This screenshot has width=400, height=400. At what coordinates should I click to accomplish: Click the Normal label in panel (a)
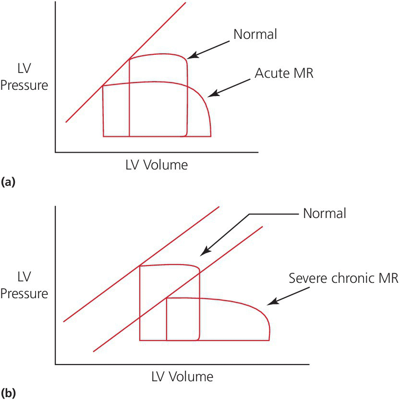coord(255,35)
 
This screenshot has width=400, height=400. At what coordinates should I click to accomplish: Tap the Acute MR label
coord(284,73)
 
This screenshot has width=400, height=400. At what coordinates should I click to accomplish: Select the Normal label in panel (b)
coord(324,213)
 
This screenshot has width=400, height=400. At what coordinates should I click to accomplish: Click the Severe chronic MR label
coord(343,279)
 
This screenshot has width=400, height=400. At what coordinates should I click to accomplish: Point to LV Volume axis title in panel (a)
coord(156,165)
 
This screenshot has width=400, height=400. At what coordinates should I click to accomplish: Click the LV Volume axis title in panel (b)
coord(182,376)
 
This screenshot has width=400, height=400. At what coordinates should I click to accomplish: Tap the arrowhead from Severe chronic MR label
coord(268,304)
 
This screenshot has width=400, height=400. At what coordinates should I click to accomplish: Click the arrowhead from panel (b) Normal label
coord(202,254)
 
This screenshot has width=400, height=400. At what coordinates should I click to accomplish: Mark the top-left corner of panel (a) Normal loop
coord(130,60)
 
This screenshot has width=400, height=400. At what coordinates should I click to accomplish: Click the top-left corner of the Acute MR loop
coord(103,86)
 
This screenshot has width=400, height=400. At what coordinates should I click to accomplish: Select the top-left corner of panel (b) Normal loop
coord(140,266)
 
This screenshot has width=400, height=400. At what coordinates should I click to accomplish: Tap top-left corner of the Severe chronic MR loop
coord(167,299)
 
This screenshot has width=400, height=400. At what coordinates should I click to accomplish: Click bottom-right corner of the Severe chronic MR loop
coord(268,340)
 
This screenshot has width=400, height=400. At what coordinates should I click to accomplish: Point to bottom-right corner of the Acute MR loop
coord(211,136)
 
